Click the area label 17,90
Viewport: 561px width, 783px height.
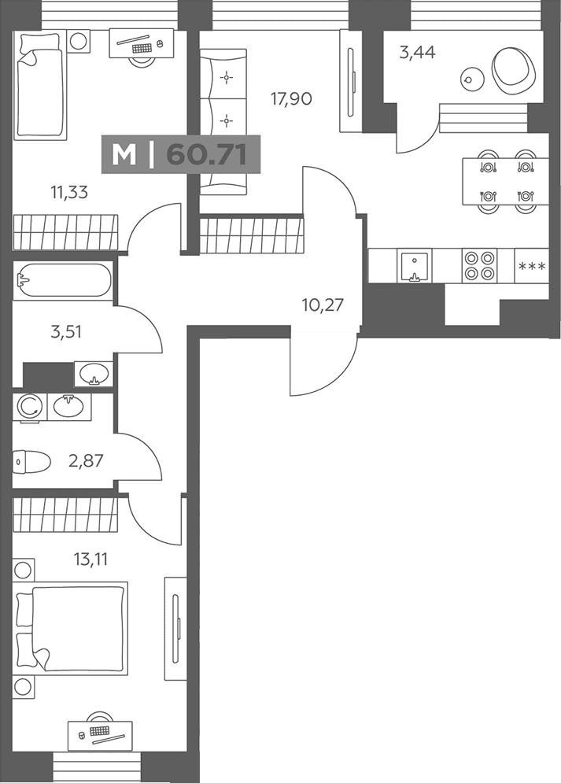pyautogui.click(x=291, y=99)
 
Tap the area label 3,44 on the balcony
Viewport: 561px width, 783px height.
pyautogui.click(x=417, y=52)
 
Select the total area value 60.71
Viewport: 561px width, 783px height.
pyautogui.click(x=207, y=153)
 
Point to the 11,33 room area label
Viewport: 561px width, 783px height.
pyautogui.click(x=69, y=192)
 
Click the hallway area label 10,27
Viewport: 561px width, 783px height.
pyautogui.click(x=323, y=305)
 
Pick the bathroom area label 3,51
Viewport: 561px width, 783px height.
pyautogui.click(x=66, y=331)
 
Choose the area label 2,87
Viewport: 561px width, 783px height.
pyautogui.click(x=86, y=460)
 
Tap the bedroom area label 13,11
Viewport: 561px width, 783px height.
pyautogui.click(x=90, y=560)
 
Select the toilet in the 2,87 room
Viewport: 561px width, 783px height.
pyautogui.click(x=31, y=462)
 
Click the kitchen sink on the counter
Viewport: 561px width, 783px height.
pyautogui.click(x=413, y=267)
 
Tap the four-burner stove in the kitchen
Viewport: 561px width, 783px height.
pyautogui.click(x=479, y=266)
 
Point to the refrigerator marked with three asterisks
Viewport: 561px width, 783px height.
pyautogui.click(x=532, y=266)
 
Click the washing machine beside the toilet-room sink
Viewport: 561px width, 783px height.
pyautogui.click(x=30, y=407)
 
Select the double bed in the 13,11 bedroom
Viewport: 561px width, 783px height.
pyautogui.click(x=70, y=628)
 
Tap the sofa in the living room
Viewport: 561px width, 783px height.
pyautogui.click(x=223, y=122)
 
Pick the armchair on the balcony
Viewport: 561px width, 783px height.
pyautogui.click(x=514, y=68)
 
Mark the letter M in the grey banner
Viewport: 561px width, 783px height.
pyautogui.click(x=124, y=154)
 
